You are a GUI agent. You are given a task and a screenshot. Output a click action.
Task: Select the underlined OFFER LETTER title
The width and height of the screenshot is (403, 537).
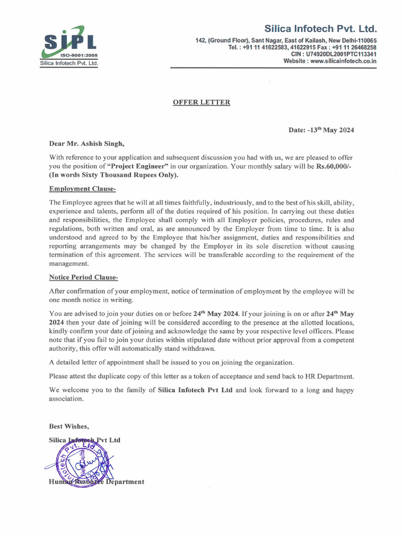click(x=201, y=102)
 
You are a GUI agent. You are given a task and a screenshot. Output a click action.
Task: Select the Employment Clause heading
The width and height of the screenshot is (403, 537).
click(x=82, y=189)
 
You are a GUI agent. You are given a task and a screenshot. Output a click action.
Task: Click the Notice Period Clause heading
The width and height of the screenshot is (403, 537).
click(x=87, y=277)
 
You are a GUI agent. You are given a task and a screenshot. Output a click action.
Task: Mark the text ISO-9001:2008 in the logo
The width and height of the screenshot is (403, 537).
click(x=78, y=55)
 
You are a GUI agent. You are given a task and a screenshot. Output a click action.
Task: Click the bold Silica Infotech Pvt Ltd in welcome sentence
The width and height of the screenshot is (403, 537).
click(x=195, y=390)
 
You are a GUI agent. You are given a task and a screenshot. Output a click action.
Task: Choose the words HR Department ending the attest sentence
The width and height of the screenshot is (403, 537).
click(x=331, y=376)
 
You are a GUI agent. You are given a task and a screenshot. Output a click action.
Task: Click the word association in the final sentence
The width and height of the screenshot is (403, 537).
click(x=66, y=399)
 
